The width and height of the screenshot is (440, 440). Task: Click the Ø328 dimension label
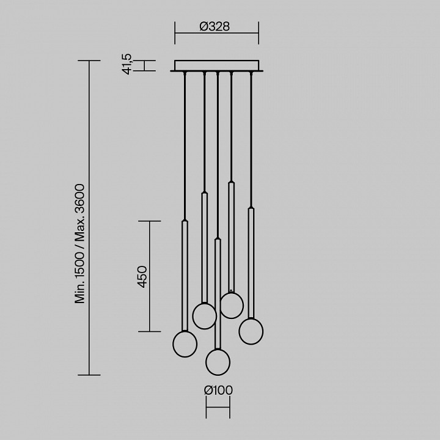pos(215,26)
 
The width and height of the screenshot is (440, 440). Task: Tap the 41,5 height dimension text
pos(127,64)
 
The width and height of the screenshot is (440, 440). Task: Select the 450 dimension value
pos(142,277)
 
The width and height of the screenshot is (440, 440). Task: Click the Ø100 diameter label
pos(218,391)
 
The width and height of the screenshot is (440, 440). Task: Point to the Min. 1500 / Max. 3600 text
pos(79,244)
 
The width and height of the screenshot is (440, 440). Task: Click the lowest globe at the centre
pos(218,362)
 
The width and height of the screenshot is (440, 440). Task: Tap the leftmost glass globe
pos(185,344)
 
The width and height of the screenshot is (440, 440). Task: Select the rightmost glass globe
pos(251,331)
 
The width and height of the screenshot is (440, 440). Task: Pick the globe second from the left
pos(204,316)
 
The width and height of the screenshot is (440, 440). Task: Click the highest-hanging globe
pos(232,306)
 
